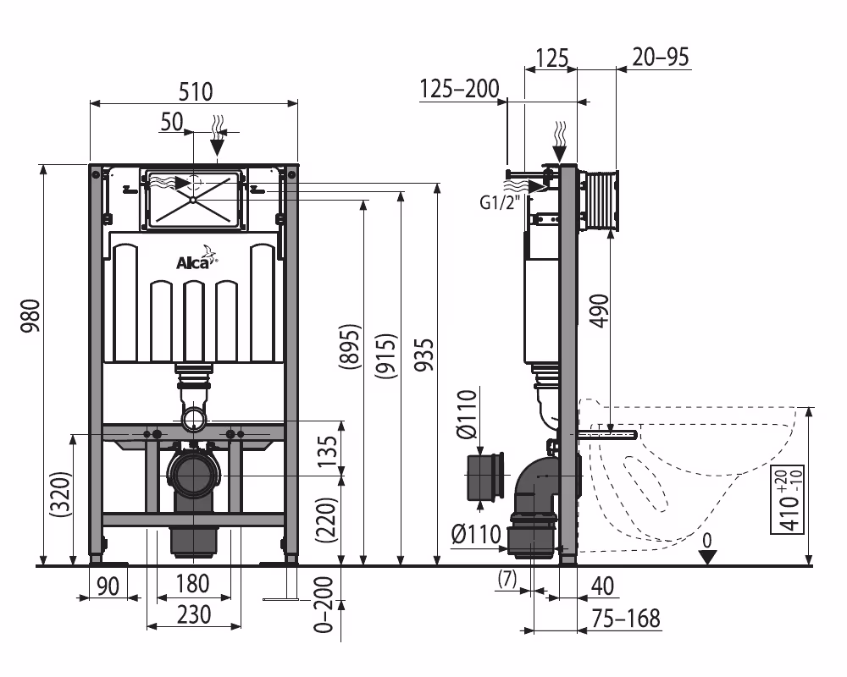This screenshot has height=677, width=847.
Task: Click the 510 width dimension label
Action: click(x=194, y=91)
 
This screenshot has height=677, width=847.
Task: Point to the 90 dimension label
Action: click(x=106, y=584)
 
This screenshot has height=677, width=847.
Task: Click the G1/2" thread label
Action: click(x=500, y=203)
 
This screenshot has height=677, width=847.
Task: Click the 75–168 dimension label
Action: click(x=626, y=618)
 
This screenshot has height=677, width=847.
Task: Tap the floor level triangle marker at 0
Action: click(x=708, y=556)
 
